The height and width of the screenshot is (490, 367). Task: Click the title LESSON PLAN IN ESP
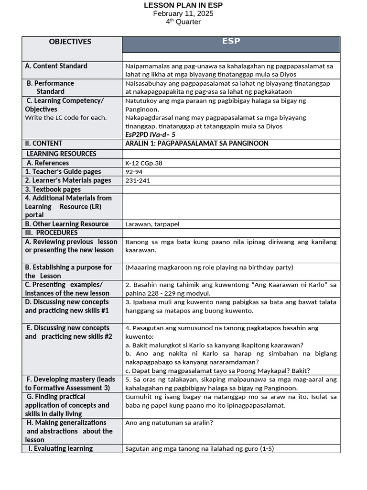[x=183, y=5]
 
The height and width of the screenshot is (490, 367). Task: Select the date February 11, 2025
[x=183, y=13]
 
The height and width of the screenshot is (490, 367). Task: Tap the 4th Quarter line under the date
[x=183, y=22]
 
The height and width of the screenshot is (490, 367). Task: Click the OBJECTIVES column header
[x=70, y=42]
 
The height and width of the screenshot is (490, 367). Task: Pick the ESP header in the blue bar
[x=231, y=42]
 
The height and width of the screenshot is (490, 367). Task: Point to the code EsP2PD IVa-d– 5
[x=150, y=134]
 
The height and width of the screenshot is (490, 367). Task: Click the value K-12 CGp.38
[x=144, y=163]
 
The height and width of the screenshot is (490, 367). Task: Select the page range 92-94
[x=134, y=172]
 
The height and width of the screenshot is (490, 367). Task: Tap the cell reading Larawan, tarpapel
[x=152, y=224]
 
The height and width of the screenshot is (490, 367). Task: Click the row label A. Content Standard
[x=56, y=66]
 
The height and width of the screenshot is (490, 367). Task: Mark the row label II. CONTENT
[x=43, y=143]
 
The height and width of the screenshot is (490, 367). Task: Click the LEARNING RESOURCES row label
[x=61, y=154]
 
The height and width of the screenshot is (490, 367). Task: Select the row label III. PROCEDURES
[x=52, y=233]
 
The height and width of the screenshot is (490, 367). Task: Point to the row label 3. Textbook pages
[x=53, y=189]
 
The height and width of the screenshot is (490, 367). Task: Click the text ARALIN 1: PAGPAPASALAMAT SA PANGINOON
[x=196, y=144]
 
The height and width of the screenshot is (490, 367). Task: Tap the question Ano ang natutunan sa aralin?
[x=169, y=423]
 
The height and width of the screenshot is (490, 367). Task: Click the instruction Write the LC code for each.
[x=66, y=118]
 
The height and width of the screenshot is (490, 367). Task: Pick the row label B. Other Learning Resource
[x=67, y=224]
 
